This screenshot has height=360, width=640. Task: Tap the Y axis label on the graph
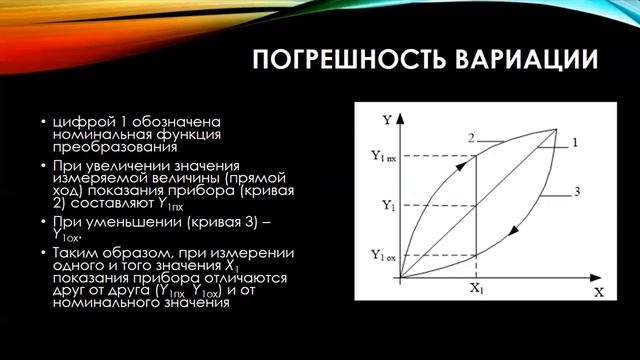[x=386, y=119]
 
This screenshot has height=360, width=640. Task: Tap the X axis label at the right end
[x=597, y=293]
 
